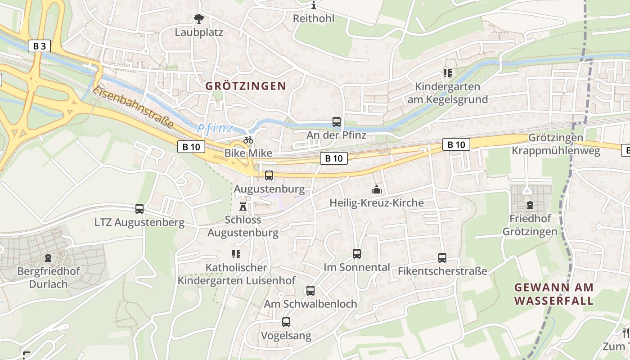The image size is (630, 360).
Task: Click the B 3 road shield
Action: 39,46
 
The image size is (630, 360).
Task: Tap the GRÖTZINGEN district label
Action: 246,86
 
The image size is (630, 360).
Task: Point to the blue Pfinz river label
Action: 215,129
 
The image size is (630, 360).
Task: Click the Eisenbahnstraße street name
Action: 133,107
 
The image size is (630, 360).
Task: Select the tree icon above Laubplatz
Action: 198,19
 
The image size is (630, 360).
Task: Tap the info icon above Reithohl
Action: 314,5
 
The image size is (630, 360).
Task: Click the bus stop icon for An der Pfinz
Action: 337,121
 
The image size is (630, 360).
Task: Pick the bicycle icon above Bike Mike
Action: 248,140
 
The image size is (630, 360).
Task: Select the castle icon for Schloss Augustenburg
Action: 243,207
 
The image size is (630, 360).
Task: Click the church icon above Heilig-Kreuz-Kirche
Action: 377,189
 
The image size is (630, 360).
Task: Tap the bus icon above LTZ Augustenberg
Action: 139,209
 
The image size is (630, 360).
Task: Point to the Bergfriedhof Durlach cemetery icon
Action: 48,258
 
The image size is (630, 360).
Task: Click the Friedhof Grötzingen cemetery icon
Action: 530,205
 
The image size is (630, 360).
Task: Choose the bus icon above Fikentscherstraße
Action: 442,258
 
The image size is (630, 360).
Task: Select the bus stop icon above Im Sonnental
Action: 357,254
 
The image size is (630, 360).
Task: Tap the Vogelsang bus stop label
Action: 286,336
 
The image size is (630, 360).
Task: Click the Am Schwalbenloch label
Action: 310,304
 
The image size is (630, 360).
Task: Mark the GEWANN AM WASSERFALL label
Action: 554,294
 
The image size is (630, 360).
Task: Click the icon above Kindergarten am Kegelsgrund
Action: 447,73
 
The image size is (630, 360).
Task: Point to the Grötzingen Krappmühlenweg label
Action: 556,144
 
